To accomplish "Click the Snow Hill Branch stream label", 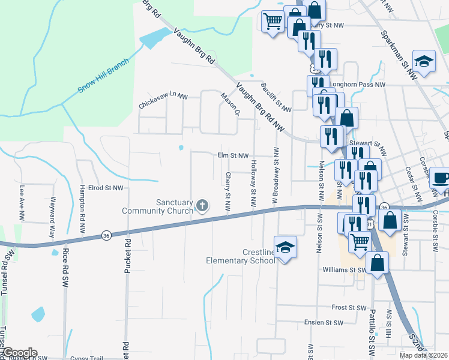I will tap(103, 76).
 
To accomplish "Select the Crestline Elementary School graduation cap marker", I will tap(285, 247).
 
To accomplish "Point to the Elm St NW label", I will tap(233, 155).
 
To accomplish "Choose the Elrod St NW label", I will tap(105, 188).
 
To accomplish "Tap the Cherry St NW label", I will tap(228, 191).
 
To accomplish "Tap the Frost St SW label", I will tap(349, 307).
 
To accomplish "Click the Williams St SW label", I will tap(344, 270).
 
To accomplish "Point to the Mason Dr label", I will tap(230, 103).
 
